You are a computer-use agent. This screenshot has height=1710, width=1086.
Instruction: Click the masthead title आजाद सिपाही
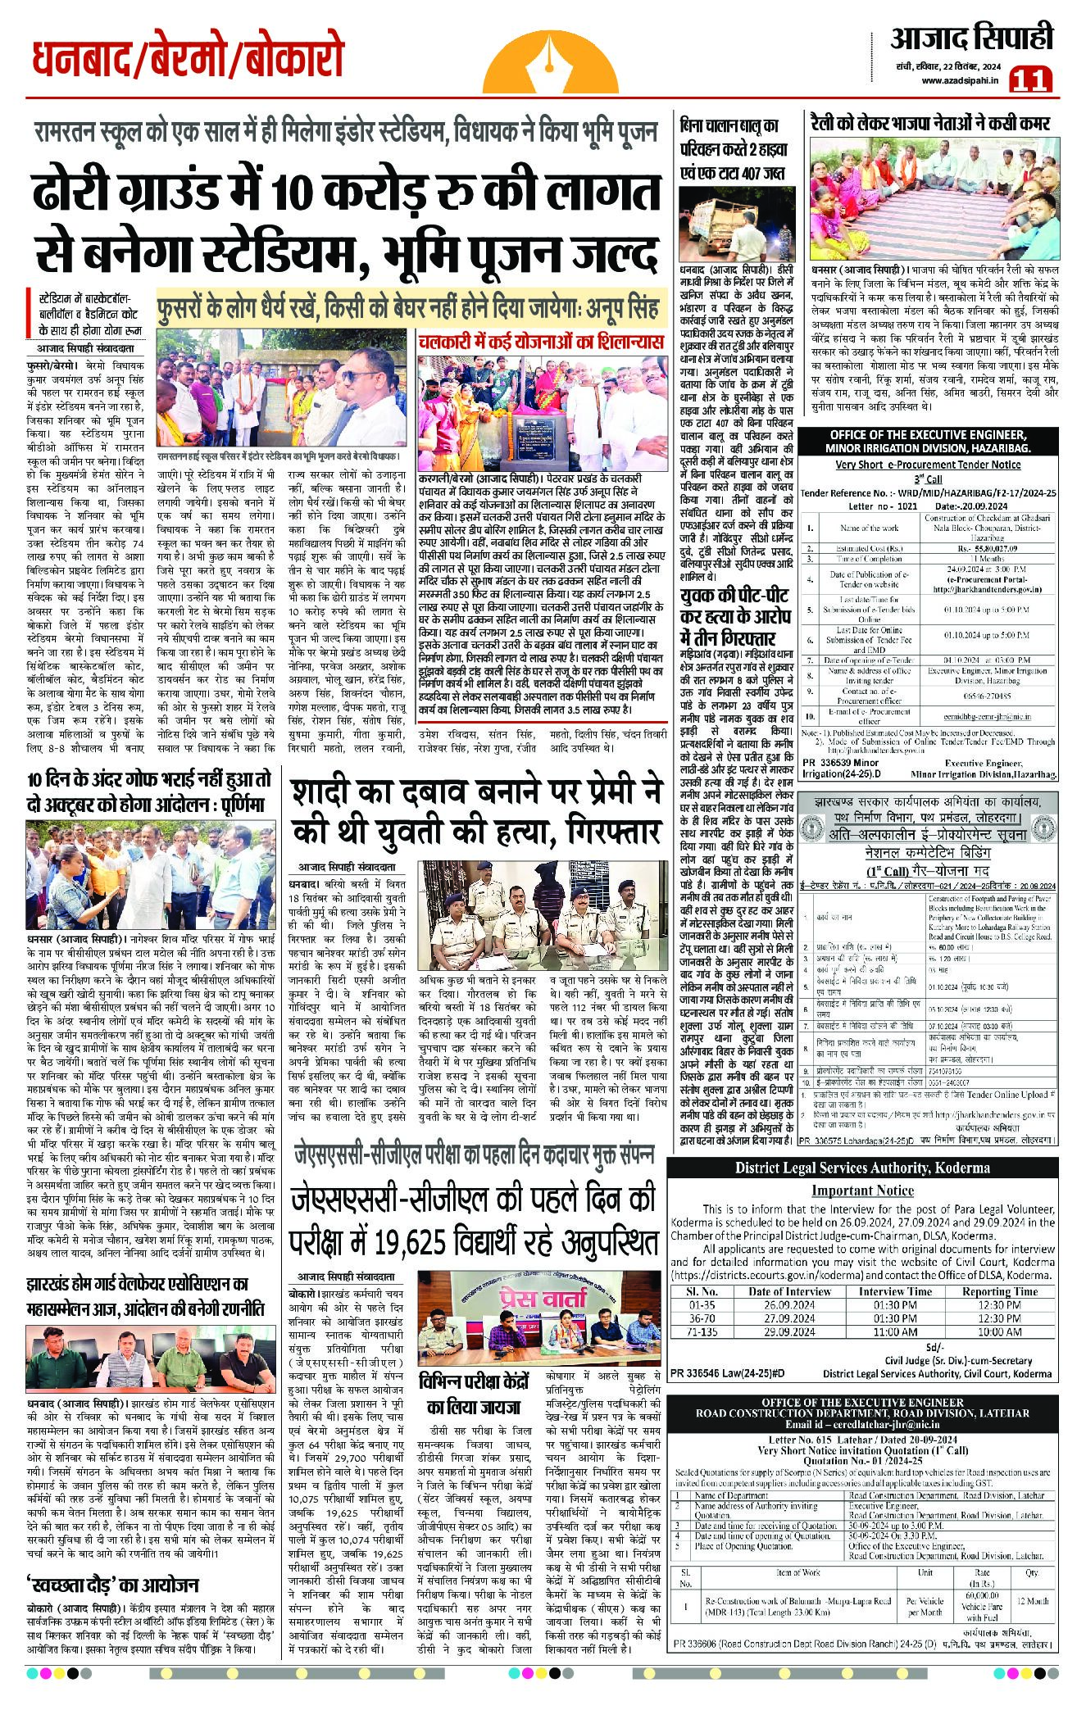pyautogui.click(x=972, y=38)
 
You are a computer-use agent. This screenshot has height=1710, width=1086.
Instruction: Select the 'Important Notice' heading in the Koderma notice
pyautogui.click(x=862, y=1191)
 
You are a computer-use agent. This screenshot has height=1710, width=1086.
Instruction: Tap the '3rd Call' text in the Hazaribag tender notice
pyautogui.click(x=928, y=479)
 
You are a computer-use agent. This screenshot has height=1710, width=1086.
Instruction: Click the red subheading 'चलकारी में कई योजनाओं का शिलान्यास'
pyautogui.click(x=540, y=342)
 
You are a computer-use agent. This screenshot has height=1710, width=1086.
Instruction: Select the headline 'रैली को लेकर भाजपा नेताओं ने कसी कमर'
pyautogui.click(x=929, y=124)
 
